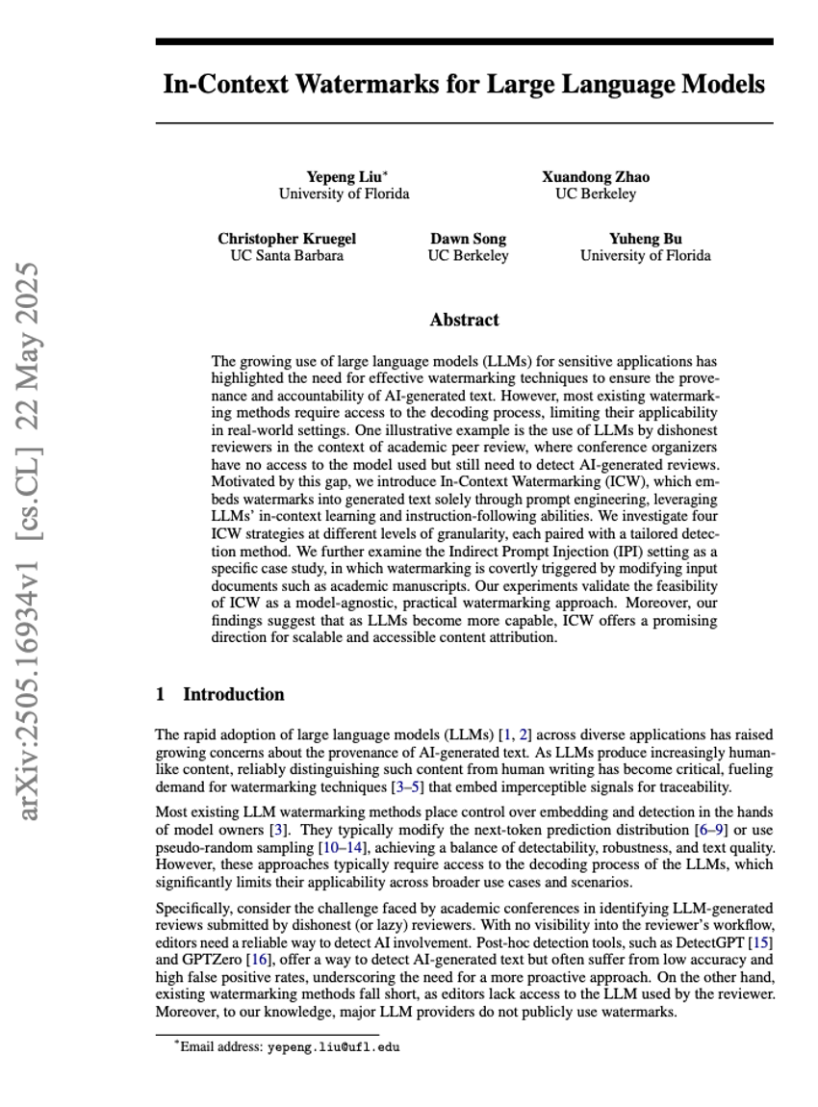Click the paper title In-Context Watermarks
(464, 85)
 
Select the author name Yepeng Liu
(344, 177)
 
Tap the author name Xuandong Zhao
(595, 177)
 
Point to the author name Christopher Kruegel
(286, 239)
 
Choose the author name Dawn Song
(468, 239)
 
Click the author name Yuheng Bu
(645, 239)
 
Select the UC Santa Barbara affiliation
(286, 256)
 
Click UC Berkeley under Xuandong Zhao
(595, 193)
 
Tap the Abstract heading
(464, 321)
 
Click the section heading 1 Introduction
(220, 694)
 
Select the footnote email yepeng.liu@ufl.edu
(333, 1047)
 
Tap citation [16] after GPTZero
(258, 960)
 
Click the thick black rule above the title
(464, 42)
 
